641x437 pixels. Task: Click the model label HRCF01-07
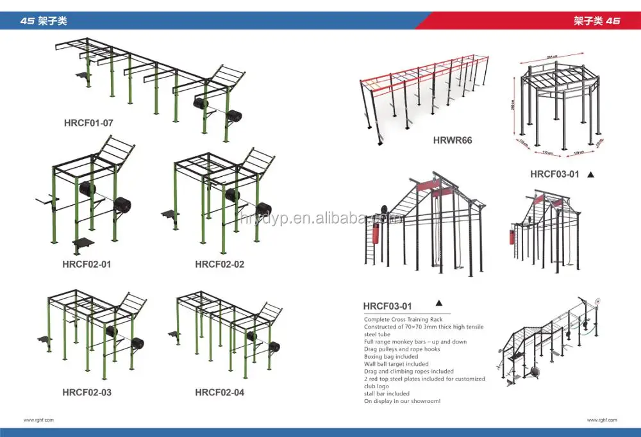88,122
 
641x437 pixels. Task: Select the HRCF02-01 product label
88,264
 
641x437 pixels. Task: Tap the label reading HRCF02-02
219,264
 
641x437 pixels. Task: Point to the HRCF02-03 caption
87,392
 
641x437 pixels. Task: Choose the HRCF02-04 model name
219,392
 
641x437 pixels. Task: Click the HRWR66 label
453,140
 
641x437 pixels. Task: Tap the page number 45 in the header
27,21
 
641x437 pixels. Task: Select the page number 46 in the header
612,21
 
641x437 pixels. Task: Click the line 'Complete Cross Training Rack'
403,319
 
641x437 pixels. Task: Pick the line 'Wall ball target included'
396,364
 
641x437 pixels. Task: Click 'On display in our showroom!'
402,401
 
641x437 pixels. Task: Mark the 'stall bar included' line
387,393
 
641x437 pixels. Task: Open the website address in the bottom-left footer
38,420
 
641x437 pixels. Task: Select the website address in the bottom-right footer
602,420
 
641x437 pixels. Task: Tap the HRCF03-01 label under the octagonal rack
554,174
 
